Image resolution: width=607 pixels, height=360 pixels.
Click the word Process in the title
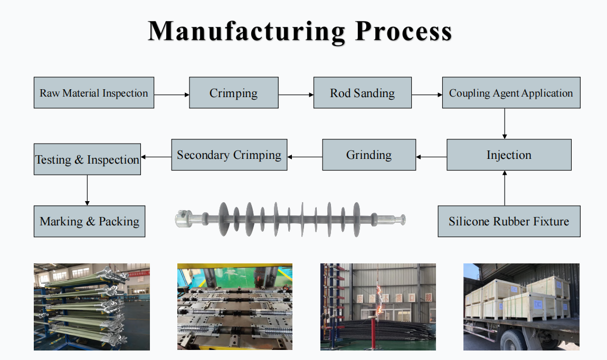click(403, 31)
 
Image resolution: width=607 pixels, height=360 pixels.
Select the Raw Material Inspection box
click(94, 93)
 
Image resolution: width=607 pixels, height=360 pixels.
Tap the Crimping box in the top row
click(233, 93)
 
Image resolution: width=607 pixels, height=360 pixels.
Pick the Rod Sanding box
click(362, 93)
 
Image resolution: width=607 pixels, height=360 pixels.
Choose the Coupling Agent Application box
click(511, 93)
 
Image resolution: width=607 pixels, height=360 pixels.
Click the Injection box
click(509, 155)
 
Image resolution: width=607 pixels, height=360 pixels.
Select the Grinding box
click(369, 155)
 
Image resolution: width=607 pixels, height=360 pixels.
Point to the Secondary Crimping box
click(229, 155)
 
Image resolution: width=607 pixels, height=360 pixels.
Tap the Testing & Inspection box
click(87, 159)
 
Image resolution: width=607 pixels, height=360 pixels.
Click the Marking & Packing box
click(89, 221)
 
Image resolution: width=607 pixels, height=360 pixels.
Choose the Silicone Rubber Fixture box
click(509, 221)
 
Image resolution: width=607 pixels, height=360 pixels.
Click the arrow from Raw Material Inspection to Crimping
click(172, 95)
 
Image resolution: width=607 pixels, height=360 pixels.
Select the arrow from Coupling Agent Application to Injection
click(505, 124)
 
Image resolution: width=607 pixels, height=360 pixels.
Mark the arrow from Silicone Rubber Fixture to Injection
click(505, 188)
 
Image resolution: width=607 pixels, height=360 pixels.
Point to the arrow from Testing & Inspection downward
click(87, 191)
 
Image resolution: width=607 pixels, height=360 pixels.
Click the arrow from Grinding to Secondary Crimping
click(305, 157)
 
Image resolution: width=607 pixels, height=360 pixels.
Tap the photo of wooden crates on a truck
click(521, 307)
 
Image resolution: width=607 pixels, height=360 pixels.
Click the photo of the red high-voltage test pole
click(378, 307)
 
